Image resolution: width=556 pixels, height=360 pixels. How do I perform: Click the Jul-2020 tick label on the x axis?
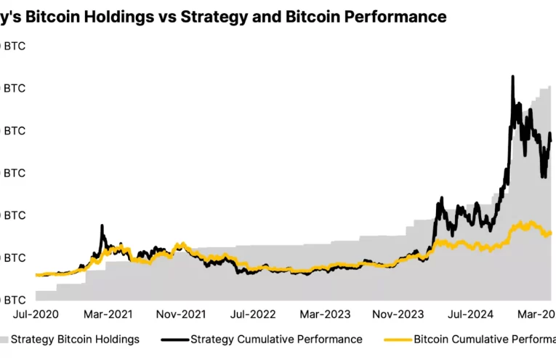click(x=36, y=314)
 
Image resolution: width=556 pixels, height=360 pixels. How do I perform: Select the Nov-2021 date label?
click(x=181, y=314)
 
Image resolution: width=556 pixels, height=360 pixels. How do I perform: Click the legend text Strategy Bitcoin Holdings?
click(x=75, y=339)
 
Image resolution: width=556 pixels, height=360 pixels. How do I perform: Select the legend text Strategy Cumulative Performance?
click(x=276, y=339)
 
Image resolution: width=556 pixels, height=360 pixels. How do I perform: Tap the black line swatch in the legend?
click(x=174, y=339)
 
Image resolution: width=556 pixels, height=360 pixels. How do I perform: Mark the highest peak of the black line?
click(x=513, y=76)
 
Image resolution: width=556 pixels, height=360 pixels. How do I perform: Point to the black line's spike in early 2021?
click(x=102, y=225)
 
